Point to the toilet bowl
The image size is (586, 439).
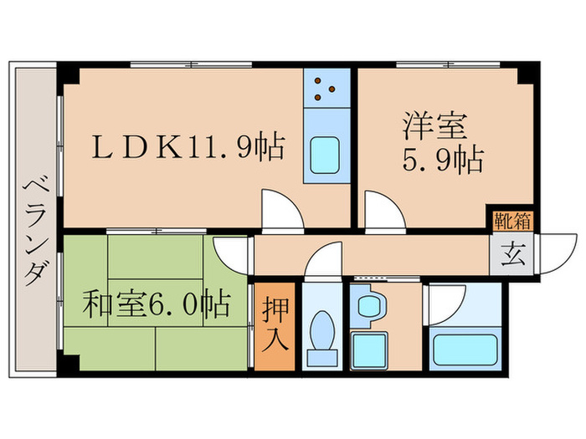(322, 330)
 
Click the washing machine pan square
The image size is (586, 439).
(368, 348)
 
